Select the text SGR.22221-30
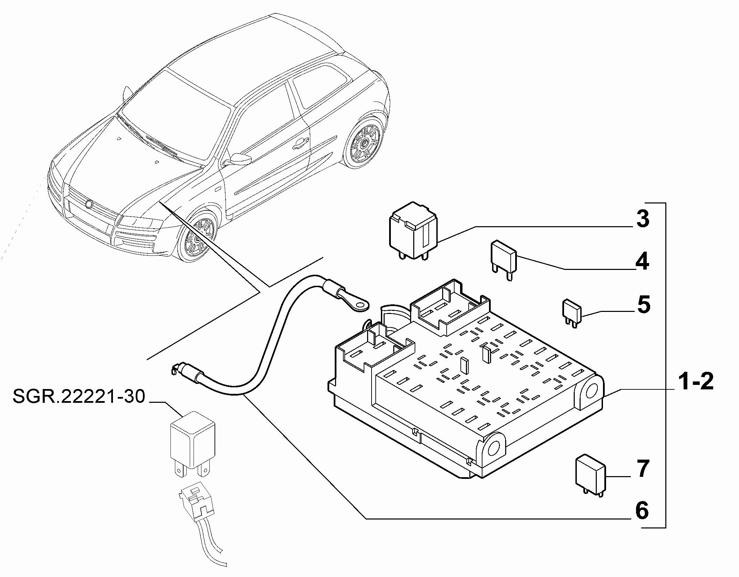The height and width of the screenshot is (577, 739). click(79, 396)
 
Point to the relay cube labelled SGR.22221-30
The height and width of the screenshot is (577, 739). click(193, 444)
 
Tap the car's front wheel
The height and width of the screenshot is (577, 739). click(196, 238)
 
